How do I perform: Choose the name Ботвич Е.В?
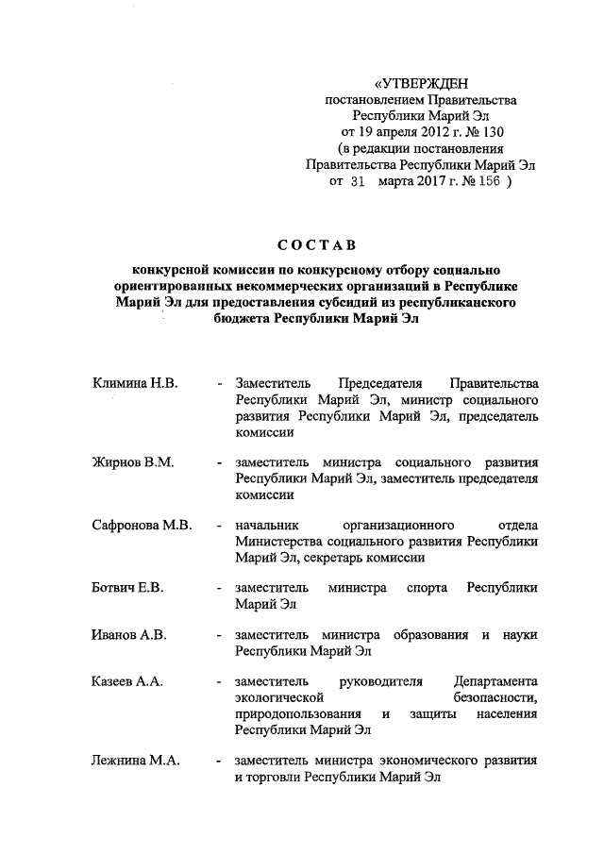(x=128, y=588)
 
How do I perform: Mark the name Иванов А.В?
(x=129, y=634)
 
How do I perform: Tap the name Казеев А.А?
(x=127, y=680)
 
